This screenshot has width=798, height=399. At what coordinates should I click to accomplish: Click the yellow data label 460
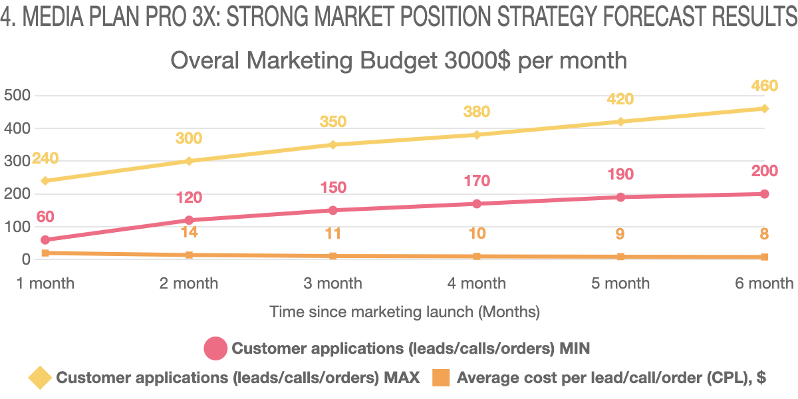[x=764, y=86]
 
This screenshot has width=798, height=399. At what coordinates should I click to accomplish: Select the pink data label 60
[x=45, y=217]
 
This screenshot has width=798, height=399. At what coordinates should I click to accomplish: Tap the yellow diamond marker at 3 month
[x=333, y=144]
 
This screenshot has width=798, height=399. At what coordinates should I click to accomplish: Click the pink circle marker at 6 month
[x=764, y=194]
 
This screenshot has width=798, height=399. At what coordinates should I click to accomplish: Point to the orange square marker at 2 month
[x=189, y=255]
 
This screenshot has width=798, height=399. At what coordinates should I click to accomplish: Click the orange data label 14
[x=189, y=233]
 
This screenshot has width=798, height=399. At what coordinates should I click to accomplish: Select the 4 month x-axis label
[x=476, y=283]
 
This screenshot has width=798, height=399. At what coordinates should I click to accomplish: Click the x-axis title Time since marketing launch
[x=404, y=311]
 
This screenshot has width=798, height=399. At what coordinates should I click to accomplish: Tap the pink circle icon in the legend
[x=215, y=348]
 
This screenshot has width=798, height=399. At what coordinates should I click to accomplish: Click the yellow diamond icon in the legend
[x=40, y=378]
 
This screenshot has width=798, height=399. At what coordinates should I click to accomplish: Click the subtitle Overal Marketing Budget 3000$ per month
[x=399, y=61]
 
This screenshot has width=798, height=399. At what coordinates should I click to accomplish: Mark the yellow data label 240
[x=45, y=158]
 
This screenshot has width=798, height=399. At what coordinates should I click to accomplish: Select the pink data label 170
[x=476, y=181]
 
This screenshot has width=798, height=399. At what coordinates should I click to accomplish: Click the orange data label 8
[x=764, y=234]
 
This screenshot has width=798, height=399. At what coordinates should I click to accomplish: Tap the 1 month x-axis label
[x=45, y=283]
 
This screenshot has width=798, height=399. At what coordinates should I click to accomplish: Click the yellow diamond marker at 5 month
[x=620, y=122]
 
